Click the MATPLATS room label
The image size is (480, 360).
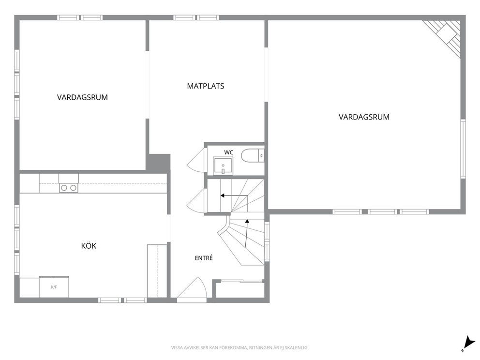coord(206,86)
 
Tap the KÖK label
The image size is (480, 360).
coord(89,245)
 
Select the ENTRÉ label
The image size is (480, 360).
coord(204,258)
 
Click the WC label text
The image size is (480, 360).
coord(229,152)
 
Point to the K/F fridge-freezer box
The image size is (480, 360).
coord(54,287)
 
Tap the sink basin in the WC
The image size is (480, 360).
coord(223,165)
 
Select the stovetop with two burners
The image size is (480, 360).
coord(69,188)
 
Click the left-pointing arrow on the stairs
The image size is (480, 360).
coord(234,195)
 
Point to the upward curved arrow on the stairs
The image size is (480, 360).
coord(247,233)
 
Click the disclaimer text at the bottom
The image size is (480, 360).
coord(240,348)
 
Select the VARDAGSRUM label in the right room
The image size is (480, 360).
coord(364,117)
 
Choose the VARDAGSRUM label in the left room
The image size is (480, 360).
coord(82,97)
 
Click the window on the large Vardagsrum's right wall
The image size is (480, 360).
coord(463,149)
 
